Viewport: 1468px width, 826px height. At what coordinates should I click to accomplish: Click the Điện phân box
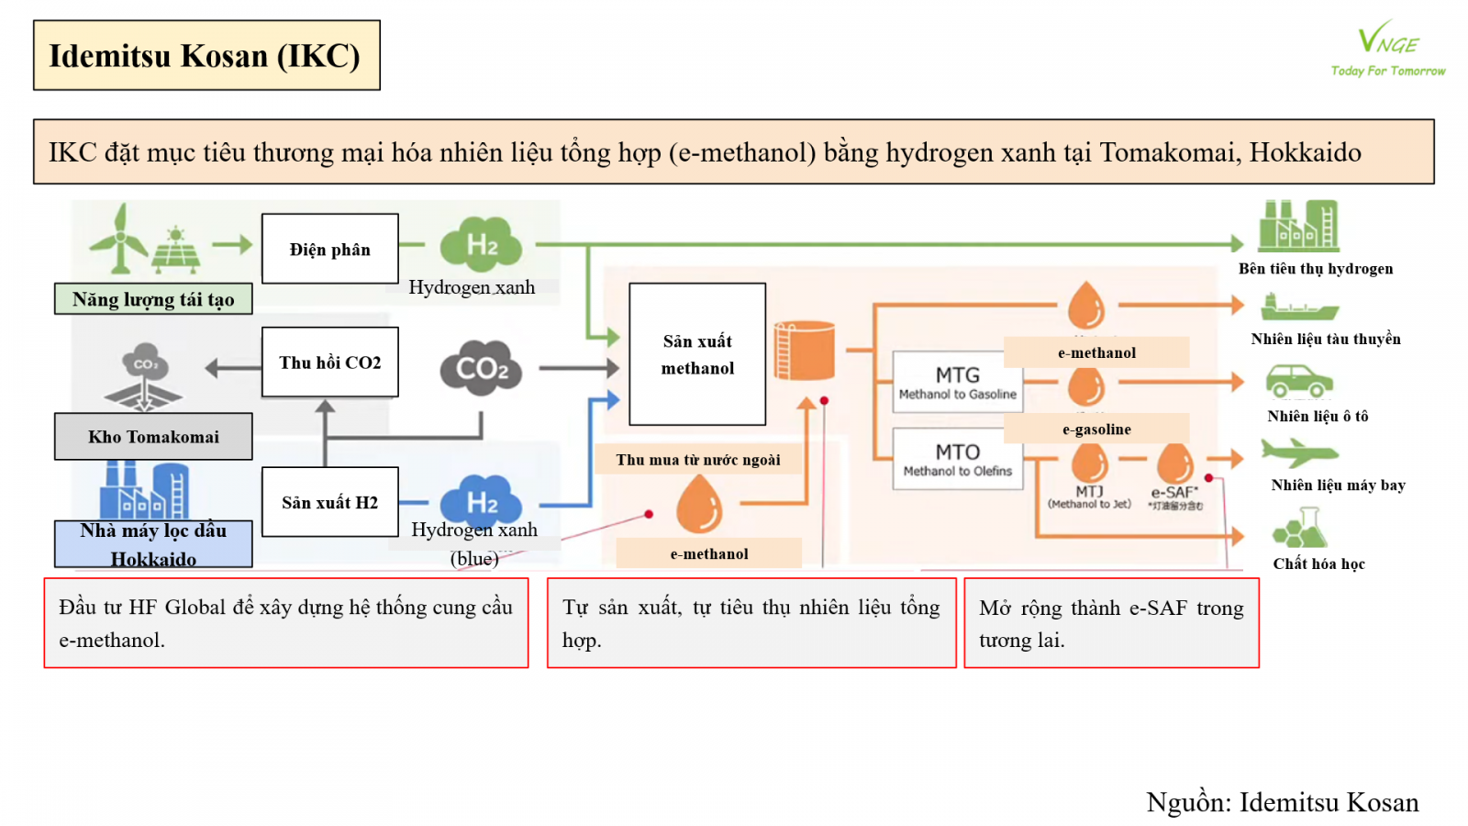pos(329,249)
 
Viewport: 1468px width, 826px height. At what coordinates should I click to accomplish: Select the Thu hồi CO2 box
pos(329,363)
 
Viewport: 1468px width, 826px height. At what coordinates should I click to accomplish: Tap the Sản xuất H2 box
pos(329,502)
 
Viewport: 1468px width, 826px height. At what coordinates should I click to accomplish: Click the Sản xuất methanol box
pos(697,354)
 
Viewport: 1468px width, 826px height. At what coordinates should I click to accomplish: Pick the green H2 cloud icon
pos(481,244)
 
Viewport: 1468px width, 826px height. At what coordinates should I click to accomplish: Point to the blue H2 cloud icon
pos(481,501)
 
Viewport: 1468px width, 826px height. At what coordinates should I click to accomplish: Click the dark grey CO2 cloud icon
pos(481,368)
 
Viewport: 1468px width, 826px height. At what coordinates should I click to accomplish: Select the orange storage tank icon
pos(805,350)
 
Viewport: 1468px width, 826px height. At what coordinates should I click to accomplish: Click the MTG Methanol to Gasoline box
pos(957,382)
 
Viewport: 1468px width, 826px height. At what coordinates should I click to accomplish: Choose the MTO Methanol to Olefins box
pos(957,459)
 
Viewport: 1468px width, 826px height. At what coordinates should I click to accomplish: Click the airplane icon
pos(1299,452)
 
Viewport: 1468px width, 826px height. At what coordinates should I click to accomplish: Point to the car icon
pos(1299,381)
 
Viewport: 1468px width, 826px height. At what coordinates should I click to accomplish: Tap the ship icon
pos(1299,307)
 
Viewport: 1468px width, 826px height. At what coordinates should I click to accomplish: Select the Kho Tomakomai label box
pos(153,437)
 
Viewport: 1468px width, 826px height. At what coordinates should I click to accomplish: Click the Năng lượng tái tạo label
pos(153,299)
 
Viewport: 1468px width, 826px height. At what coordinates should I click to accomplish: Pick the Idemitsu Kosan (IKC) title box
pos(206,56)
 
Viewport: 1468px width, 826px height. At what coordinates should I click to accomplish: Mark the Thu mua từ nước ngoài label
pos(698,460)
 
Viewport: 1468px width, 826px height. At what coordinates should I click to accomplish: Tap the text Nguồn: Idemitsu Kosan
pos(1282,802)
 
